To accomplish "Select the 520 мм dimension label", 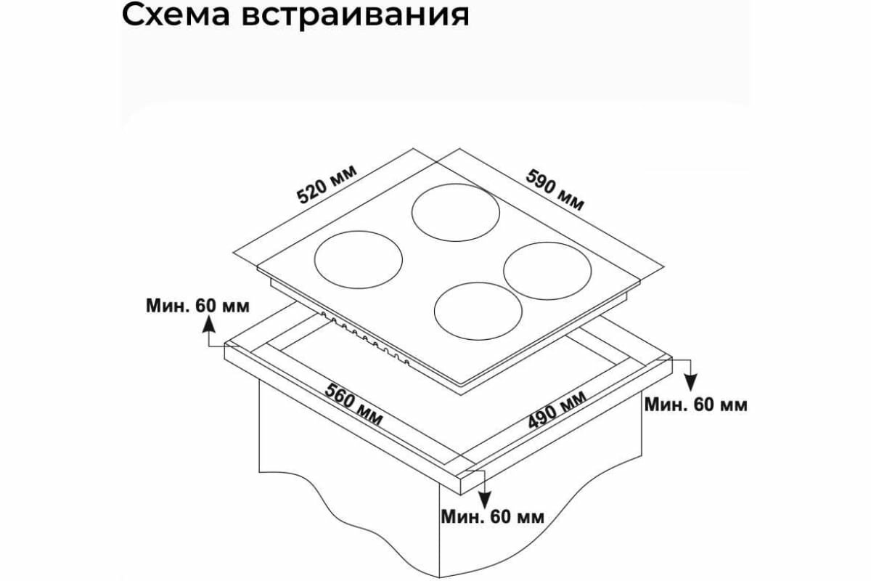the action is (327, 184).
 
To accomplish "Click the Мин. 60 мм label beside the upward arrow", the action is (196, 306).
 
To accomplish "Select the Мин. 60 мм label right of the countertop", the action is (695, 405).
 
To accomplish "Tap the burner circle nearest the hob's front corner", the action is (478, 314).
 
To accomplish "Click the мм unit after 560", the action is (369, 416).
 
